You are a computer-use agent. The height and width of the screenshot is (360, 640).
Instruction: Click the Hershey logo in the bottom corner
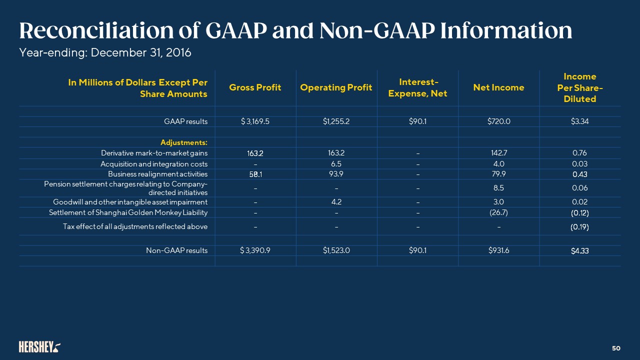(x=40, y=346)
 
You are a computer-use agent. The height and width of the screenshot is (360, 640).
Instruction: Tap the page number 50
(x=616, y=347)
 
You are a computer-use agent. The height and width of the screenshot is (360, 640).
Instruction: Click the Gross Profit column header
(x=255, y=87)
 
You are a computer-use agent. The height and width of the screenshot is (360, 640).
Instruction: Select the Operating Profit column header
(x=336, y=87)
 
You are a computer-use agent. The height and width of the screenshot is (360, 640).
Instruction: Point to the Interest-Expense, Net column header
(x=418, y=87)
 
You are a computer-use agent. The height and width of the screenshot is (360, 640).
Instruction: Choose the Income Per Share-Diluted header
(x=579, y=87)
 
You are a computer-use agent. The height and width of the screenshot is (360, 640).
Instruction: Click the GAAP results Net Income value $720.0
(x=499, y=121)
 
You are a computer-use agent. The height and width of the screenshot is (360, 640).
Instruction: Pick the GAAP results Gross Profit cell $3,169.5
(x=255, y=121)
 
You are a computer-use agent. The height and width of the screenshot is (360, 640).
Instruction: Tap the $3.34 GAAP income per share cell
(x=579, y=121)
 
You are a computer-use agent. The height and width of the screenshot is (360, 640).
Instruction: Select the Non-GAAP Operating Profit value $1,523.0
(x=336, y=250)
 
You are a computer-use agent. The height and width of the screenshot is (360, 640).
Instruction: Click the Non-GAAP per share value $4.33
(x=579, y=250)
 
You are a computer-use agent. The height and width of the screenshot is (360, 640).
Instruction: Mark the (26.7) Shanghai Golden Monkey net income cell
(x=499, y=212)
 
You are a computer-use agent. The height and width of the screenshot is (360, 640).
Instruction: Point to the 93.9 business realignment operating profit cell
(x=336, y=173)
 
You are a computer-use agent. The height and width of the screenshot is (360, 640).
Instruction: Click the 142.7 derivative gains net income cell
(x=499, y=152)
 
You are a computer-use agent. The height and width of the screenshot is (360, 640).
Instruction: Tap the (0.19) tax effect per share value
(x=579, y=226)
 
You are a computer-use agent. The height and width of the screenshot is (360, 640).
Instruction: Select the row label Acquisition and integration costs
(x=154, y=163)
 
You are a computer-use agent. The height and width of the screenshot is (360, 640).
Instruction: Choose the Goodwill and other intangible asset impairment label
(x=130, y=202)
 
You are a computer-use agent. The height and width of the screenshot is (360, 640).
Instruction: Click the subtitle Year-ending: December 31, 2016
(x=105, y=52)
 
